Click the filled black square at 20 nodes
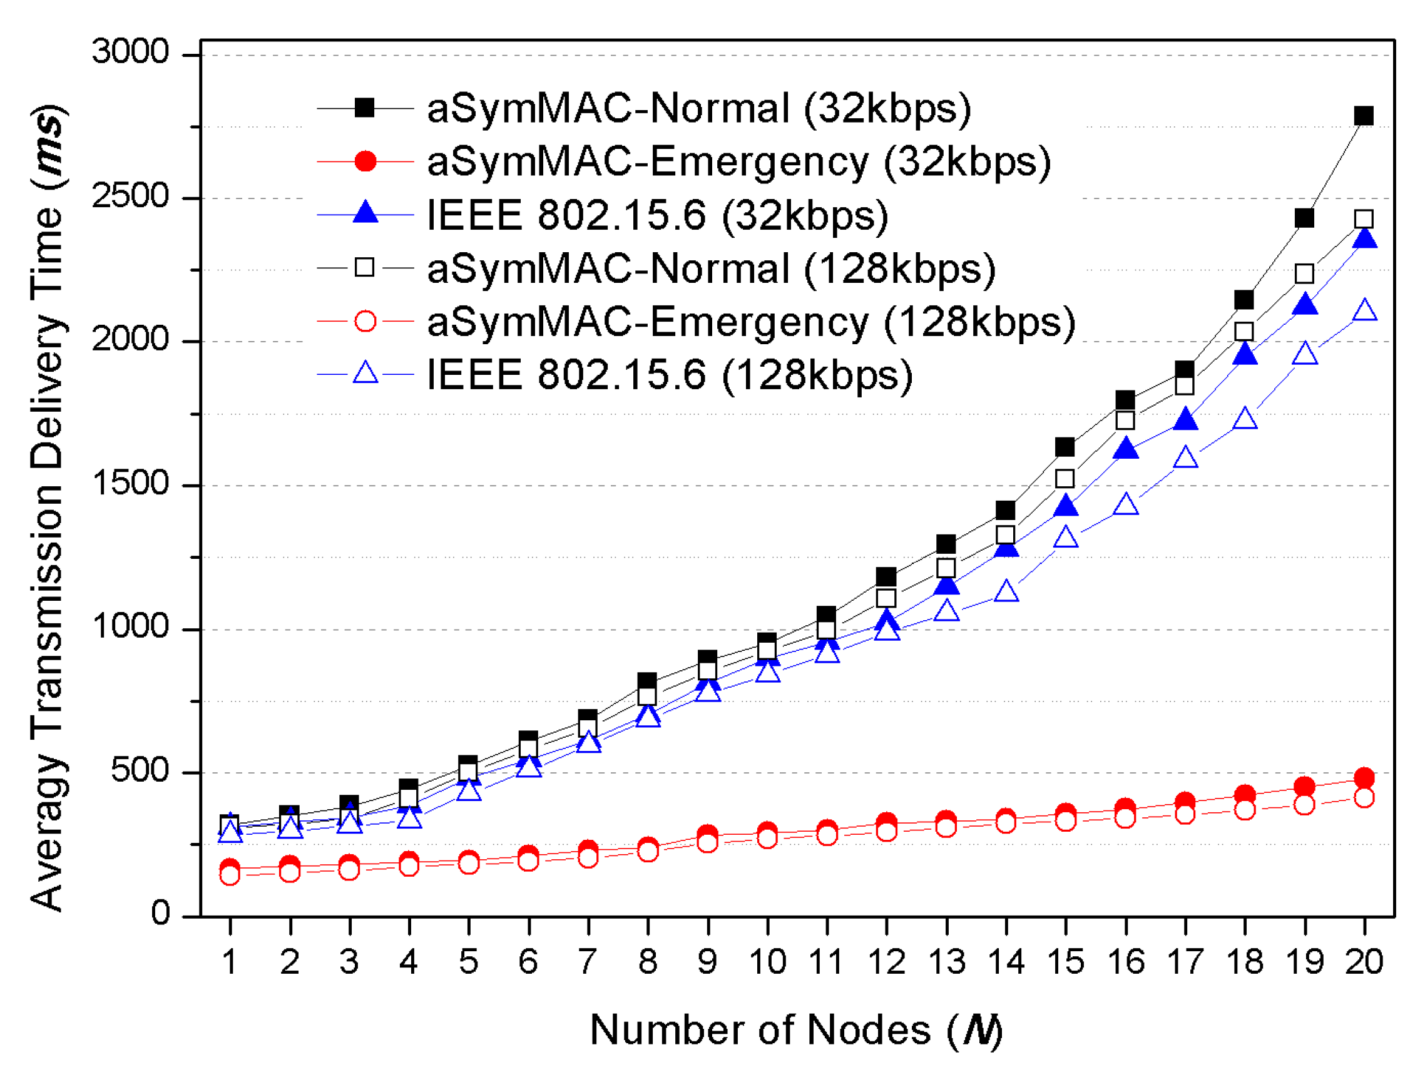(1363, 116)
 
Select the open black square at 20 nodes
(1363, 219)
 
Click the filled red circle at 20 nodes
(1364, 777)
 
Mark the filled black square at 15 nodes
(1065, 446)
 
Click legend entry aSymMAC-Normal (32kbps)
(698, 108)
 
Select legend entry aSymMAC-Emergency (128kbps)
(750, 322)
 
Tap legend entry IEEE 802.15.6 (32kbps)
(657, 215)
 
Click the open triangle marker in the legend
(365, 373)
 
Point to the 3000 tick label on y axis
(130, 51)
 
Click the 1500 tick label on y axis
(130, 483)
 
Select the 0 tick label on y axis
(160, 914)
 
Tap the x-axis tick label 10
(767, 962)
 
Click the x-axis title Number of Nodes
(796, 1030)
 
